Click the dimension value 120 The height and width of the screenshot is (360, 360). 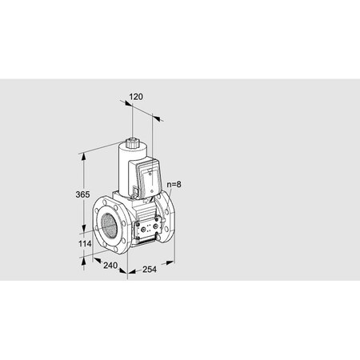tap(135, 96)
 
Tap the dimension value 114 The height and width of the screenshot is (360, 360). tap(74, 244)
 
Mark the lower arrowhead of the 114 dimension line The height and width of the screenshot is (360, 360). tap(84, 258)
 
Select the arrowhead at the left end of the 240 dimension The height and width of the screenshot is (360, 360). tap(94, 258)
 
